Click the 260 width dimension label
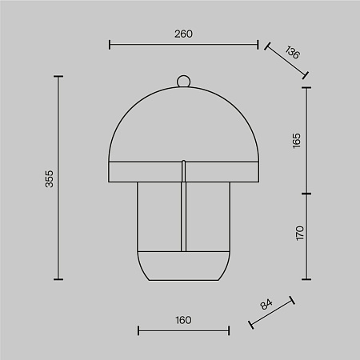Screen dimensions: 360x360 pos(183,34)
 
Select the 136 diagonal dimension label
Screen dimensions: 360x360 pos(293,52)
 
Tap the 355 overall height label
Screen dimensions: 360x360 pos(49,178)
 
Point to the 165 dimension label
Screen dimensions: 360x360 pos(296,141)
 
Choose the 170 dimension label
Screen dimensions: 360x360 pos(300,234)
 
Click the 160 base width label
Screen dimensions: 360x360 pos(183,320)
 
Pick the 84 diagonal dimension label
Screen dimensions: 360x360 pos(266,304)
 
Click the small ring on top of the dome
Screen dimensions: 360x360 pos(184,81)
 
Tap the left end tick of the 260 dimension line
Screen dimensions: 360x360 pos(110,45)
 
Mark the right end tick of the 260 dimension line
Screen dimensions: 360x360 pos(258,45)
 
